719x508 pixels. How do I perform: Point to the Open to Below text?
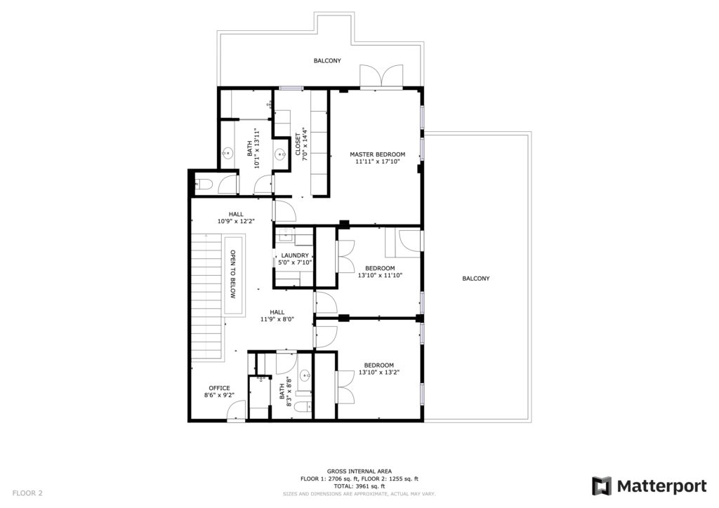click(x=233, y=274)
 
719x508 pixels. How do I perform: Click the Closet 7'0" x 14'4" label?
click(x=301, y=145)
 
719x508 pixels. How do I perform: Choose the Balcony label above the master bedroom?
click(x=327, y=60)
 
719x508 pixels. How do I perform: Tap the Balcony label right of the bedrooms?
click(x=475, y=278)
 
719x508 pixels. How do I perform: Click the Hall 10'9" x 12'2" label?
click(x=236, y=218)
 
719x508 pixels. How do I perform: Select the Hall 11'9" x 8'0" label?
click(x=277, y=316)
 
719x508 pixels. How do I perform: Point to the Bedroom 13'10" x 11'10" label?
click(x=380, y=272)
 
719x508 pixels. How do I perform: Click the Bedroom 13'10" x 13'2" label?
click(x=378, y=369)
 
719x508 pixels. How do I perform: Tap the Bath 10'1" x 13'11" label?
click(x=253, y=149)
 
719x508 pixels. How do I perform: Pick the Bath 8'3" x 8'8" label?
click(x=285, y=392)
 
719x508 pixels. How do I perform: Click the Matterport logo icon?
click(x=602, y=486)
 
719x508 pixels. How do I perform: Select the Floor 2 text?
click(x=27, y=493)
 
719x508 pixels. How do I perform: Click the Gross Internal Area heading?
click(x=359, y=471)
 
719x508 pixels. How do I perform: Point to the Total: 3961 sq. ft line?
click(x=359, y=486)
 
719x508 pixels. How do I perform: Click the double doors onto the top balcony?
click(x=381, y=76)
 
